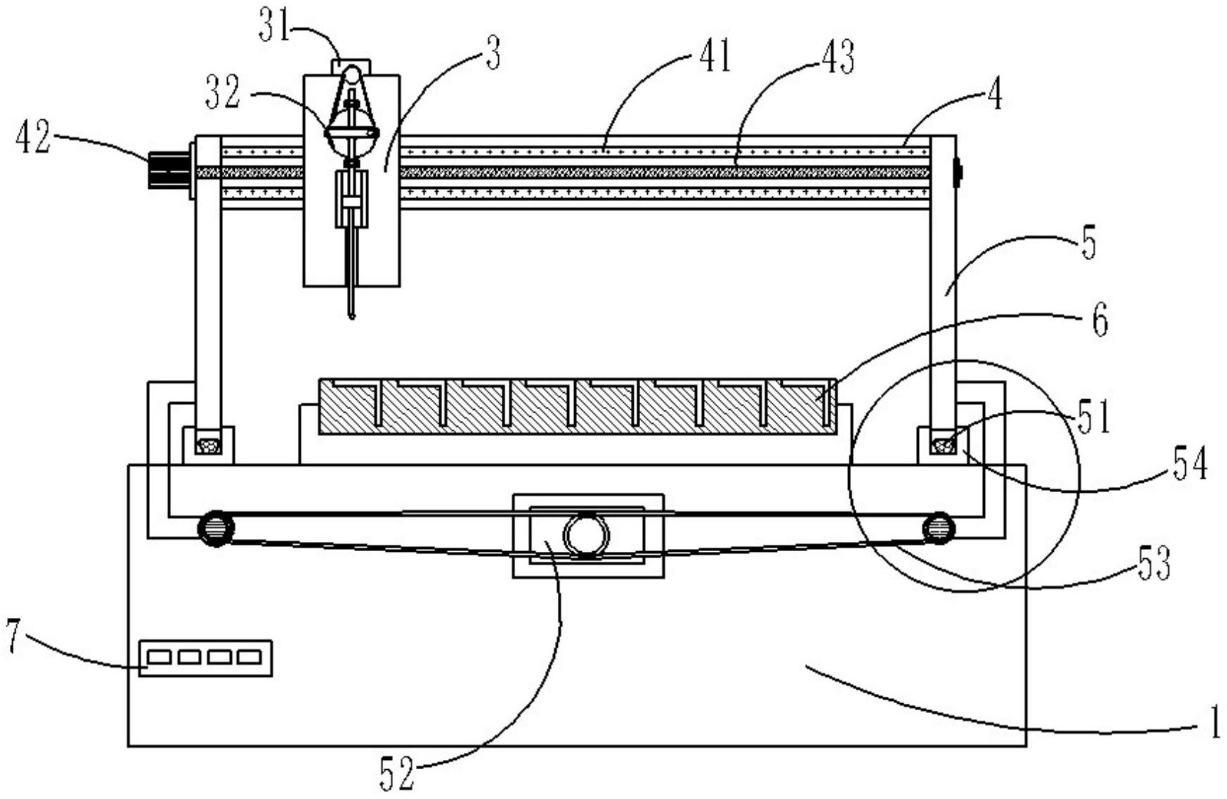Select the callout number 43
(837, 57)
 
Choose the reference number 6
(1099, 321)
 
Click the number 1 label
(1215, 722)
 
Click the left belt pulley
(216, 528)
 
